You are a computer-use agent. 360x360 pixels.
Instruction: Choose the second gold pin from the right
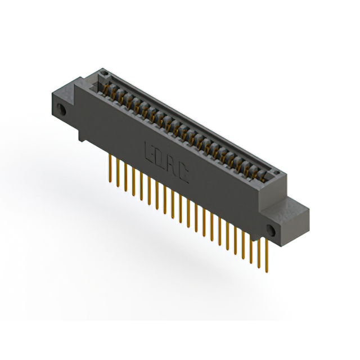(x=259, y=251)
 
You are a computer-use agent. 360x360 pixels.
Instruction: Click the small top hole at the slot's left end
(x=102, y=73)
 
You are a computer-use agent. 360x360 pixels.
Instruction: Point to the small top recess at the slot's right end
(x=276, y=172)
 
